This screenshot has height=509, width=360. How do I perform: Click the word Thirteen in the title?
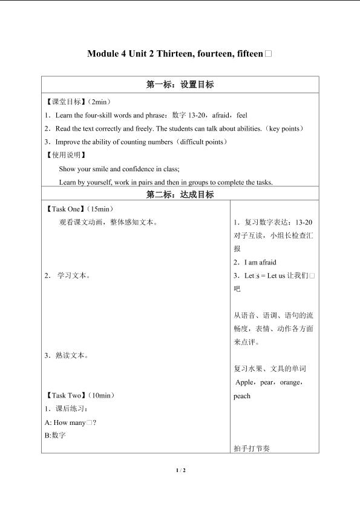tap(176, 54)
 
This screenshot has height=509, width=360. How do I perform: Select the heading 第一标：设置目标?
tap(180, 85)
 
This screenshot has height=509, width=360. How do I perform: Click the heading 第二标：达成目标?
tap(180, 195)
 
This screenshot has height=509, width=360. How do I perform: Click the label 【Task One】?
tap(65, 209)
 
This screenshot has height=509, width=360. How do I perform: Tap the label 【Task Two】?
tap(65, 395)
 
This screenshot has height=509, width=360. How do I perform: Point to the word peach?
tap(242, 396)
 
